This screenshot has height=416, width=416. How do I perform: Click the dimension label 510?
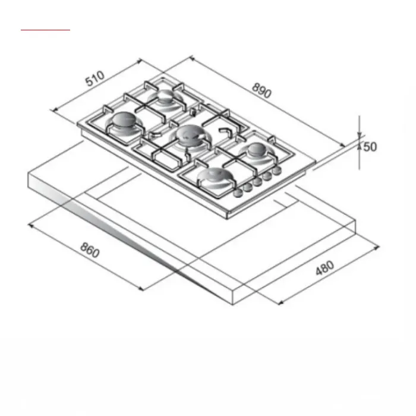[x=95, y=78]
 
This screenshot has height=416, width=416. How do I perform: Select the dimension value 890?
[x=261, y=90]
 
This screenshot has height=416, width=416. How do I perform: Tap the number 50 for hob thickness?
[x=370, y=147]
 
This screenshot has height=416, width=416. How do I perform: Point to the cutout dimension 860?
[x=90, y=250]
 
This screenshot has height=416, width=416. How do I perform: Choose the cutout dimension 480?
[x=324, y=268]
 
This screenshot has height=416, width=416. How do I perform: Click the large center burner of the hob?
[x=189, y=134]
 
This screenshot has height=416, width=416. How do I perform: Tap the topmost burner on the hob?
[x=165, y=96]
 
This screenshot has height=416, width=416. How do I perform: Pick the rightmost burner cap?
[x=256, y=149]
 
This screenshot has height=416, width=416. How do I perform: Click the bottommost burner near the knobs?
[x=213, y=177]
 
